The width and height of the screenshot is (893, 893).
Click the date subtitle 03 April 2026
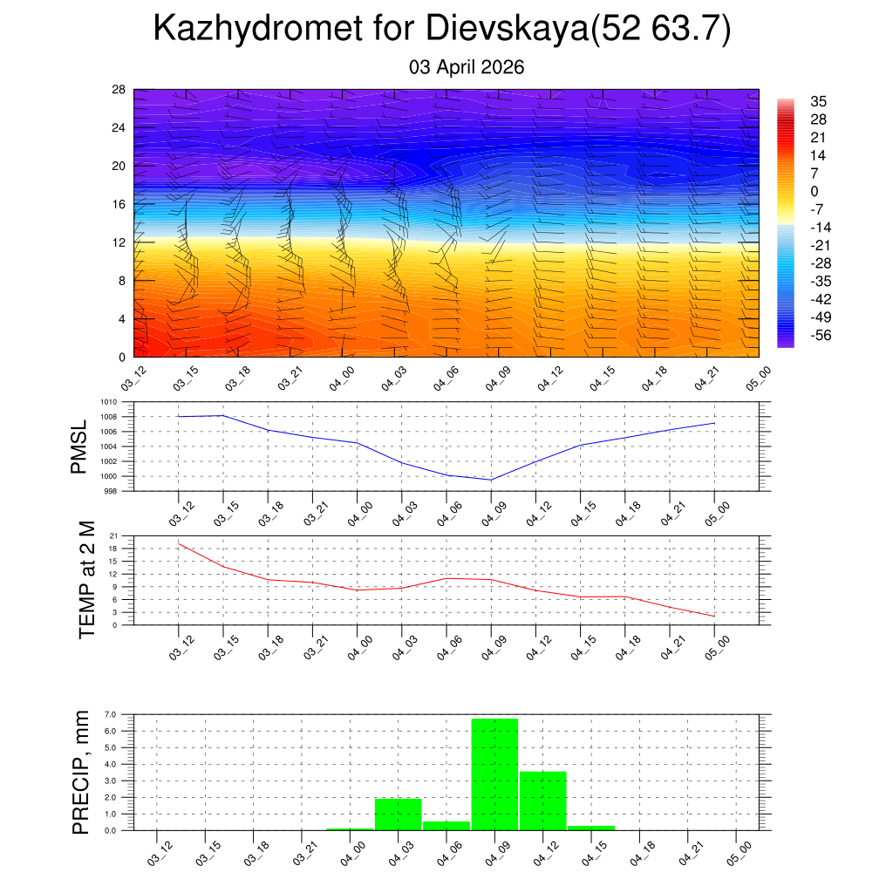pos(467,67)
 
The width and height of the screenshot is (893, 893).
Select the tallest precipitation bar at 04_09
pos(494,774)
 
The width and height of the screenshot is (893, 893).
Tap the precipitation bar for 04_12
pos(542,801)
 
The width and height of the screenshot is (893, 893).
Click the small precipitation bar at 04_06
pos(446,825)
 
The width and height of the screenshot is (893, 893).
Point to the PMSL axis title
pos(79,446)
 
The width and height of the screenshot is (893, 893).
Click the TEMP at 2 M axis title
pos(86,579)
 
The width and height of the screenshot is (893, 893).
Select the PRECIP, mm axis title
pos(81,772)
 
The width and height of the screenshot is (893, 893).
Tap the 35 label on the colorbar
pos(818,101)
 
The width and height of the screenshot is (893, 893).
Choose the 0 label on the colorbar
pos(815,191)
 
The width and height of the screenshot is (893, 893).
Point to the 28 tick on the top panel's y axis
pos(119,89)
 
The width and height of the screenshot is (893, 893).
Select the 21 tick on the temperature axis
pos(114,535)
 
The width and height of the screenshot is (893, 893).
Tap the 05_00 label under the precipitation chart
pos(740,854)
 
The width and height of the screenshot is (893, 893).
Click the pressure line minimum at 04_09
pos(491,480)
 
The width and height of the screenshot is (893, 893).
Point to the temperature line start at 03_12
pos(179,543)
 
